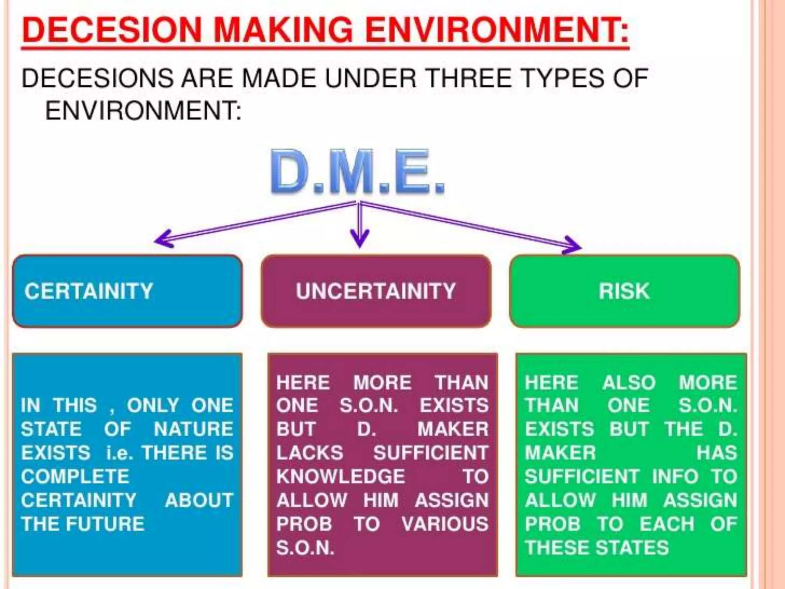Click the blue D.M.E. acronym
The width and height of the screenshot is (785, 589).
tap(357, 173)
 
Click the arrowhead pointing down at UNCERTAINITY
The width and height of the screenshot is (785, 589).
tap(360, 239)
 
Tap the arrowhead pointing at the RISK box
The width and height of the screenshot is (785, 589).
tap(573, 245)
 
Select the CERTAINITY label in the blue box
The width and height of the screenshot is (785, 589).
tap(89, 291)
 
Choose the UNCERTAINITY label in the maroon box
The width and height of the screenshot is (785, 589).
tap(376, 291)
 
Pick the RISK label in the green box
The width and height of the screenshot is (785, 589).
tap(624, 291)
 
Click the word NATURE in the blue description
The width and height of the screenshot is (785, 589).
tap(194, 429)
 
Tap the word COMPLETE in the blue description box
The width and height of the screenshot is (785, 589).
tap(75, 477)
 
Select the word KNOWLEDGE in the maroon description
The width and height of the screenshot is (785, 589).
tap(340, 477)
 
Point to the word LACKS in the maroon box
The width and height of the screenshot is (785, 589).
tap(310, 453)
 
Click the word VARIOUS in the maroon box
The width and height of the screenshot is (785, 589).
tap(445, 524)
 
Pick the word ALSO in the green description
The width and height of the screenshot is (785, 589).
tap(629, 383)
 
